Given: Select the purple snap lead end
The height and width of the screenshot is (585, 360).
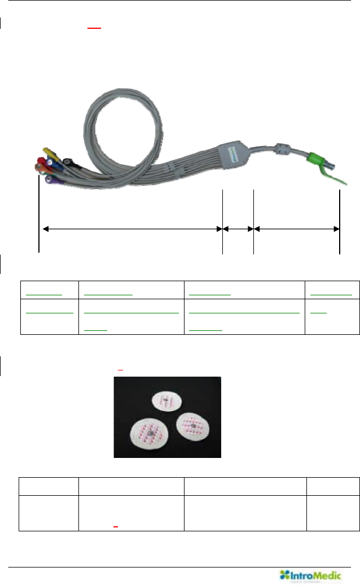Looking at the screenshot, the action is [x=51, y=180].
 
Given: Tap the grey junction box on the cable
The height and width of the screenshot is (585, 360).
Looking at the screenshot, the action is [x=237, y=152].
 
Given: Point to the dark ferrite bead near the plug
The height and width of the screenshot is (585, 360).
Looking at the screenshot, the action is [x=282, y=152].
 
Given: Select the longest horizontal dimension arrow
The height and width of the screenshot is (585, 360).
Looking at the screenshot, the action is [x=131, y=229].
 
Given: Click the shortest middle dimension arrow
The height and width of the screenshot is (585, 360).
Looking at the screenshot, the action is [x=238, y=229].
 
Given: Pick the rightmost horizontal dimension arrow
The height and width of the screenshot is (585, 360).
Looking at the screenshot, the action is [x=296, y=229].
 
